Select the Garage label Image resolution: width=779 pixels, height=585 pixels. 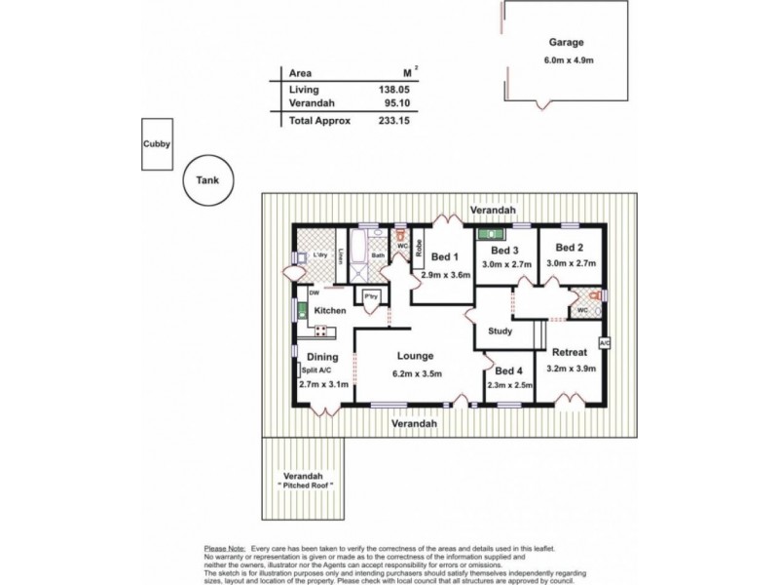[x=566, y=43]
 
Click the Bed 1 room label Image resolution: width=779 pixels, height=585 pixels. [x=445, y=257]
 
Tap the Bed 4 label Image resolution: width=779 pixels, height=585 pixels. [x=508, y=370]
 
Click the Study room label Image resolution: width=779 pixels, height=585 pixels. [x=501, y=331]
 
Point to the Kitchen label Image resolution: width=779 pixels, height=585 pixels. [x=330, y=311]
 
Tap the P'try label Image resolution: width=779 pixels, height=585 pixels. [x=370, y=297]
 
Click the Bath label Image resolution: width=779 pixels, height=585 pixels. [x=378, y=256]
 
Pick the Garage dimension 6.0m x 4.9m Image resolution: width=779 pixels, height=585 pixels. [x=566, y=60]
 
